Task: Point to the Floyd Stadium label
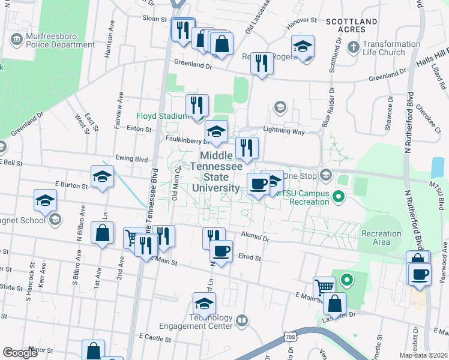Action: pos(159,116)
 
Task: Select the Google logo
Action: pos(20,353)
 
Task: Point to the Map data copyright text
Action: pos(423,355)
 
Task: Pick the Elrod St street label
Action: pos(250,257)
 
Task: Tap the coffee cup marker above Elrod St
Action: pos(221,251)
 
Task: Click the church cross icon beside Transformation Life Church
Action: pos(354,46)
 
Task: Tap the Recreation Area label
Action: pos(381,238)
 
